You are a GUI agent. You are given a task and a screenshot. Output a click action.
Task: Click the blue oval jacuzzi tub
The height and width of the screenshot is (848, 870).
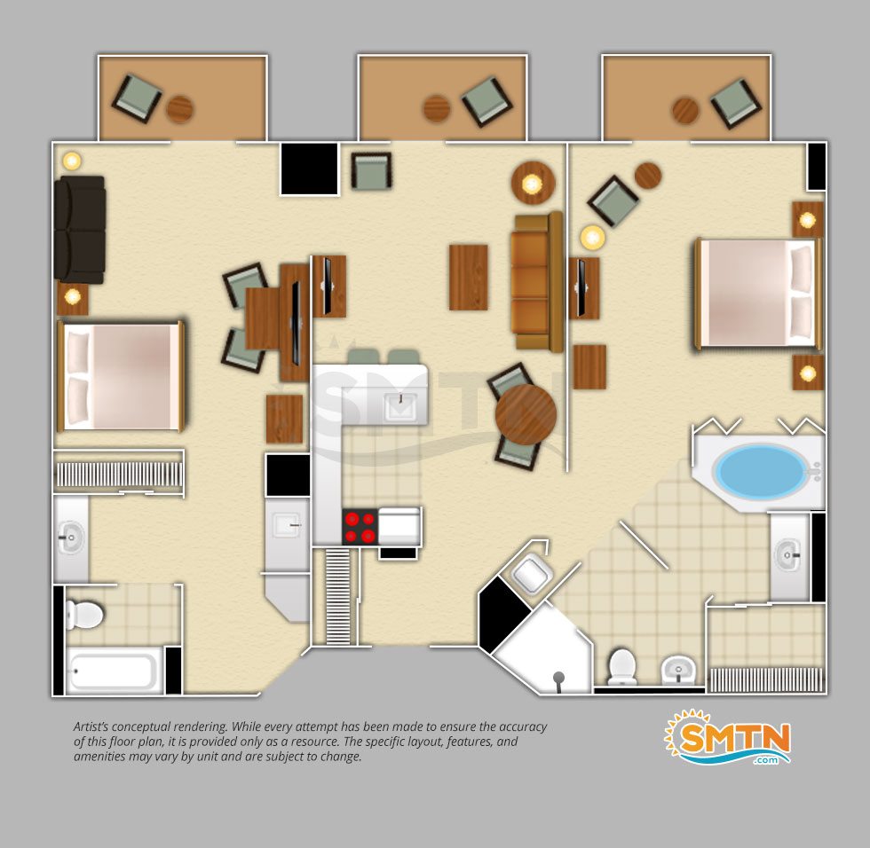pos(760,471)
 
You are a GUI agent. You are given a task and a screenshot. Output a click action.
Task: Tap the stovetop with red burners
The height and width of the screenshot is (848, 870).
pos(360,527)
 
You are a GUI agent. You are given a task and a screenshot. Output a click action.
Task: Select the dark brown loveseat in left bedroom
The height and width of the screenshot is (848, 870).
pos(80,230)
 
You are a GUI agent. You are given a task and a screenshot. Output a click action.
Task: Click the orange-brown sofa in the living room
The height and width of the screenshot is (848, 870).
pos(537,281)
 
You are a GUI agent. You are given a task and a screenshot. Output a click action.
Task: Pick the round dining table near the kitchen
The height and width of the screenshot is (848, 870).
pos(526,414)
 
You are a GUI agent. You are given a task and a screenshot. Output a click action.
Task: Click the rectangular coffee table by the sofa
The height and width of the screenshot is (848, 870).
pos(469,277)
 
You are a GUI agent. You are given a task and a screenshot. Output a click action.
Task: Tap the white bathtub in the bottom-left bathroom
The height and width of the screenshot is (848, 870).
pos(114,671)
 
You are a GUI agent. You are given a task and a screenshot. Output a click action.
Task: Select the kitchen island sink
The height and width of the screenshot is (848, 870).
pos(400,406)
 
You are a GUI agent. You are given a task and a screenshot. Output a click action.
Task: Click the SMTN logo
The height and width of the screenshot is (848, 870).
pos(727,737)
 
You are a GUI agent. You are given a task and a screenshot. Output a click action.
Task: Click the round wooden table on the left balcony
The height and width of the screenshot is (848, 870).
pos(179,108)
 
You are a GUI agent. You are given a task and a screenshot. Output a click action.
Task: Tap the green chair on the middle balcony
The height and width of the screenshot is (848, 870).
pos(487,101)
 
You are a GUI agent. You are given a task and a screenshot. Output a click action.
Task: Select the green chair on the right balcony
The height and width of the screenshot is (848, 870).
pos(736,104)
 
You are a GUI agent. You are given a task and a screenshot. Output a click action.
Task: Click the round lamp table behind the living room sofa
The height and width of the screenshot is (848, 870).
pos(533,184)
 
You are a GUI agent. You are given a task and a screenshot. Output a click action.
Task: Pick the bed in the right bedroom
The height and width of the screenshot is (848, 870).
pos(758,294)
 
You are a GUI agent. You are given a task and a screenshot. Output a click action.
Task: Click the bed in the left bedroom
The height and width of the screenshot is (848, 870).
pos(121,377)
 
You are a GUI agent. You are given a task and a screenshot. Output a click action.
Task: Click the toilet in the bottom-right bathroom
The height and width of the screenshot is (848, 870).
pos(621,666)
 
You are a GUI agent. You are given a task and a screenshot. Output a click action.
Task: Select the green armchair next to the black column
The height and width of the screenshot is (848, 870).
pos(371,170)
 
